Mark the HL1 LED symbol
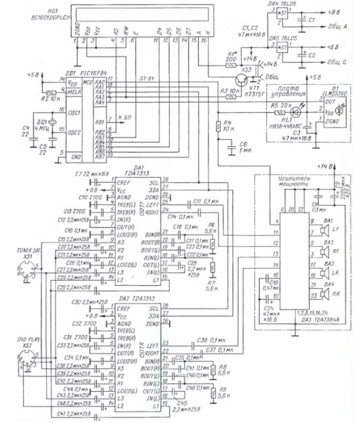(297, 112)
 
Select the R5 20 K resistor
(279, 113)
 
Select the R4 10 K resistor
(218, 126)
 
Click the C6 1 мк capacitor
(231, 148)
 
